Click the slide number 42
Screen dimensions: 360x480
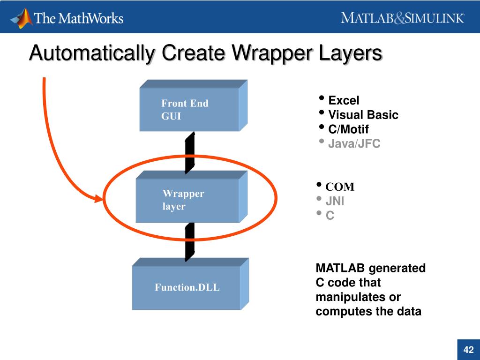coord(468,350)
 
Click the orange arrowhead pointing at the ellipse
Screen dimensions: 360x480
coord(97,199)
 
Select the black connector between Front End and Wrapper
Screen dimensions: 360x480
coord(190,152)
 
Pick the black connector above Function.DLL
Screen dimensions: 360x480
coord(190,241)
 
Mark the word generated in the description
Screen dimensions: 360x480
coord(397,269)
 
